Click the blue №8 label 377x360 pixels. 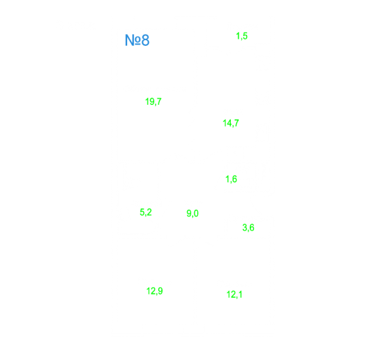(x=137, y=40)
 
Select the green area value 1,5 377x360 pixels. (x=242, y=36)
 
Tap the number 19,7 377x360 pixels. (x=153, y=102)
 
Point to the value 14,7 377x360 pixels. (x=231, y=123)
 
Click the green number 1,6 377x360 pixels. (x=231, y=179)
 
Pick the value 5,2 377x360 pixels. (x=146, y=212)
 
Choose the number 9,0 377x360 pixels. (x=192, y=214)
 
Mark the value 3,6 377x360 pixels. (x=248, y=228)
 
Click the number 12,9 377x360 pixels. (x=154, y=291)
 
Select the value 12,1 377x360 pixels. (x=235, y=294)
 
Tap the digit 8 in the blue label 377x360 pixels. (x=146, y=40)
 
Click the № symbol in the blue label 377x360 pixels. (x=132, y=40)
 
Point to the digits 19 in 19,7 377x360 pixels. (x=150, y=102)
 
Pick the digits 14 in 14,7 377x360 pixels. (x=228, y=123)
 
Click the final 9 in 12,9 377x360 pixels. (x=160, y=291)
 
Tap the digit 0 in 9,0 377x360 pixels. (x=196, y=213)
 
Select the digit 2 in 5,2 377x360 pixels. (x=149, y=212)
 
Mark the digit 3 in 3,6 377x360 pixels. (x=245, y=228)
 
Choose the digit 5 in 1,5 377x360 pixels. (x=245, y=36)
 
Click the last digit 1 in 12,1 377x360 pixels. (x=240, y=294)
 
